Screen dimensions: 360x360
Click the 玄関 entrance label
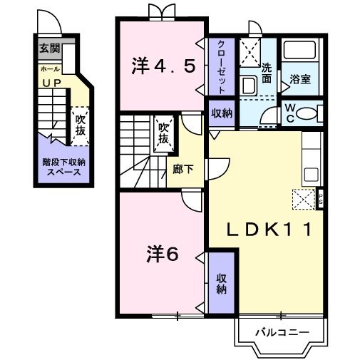[49, 49]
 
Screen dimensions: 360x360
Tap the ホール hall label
[49, 70]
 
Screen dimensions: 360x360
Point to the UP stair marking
[51, 83]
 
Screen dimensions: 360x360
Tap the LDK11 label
[267, 230]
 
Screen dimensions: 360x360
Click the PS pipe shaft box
[321, 198]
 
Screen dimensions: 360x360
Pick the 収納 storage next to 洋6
[221, 283]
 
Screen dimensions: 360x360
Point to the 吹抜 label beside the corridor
[163, 133]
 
